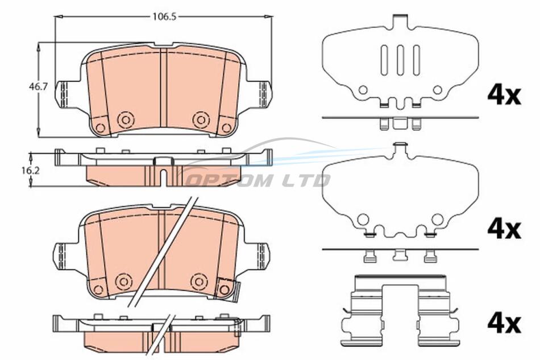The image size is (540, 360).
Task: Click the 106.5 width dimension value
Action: [164, 16]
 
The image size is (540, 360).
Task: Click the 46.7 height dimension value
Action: [38, 87]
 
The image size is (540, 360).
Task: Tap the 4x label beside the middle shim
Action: [504, 229]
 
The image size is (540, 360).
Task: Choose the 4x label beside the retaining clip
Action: [504, 324]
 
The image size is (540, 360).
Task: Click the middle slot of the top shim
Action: [401, 60]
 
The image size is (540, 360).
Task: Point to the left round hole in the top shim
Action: [363, 90]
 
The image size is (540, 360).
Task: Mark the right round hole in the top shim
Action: [437, 90]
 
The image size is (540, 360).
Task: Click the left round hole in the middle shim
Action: [363, 219]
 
